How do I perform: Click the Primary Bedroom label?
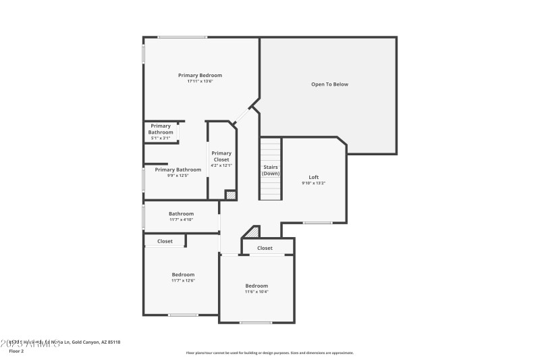[200, 75]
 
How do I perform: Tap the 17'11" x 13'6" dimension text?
[200, 81]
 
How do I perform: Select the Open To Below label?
[329, 84]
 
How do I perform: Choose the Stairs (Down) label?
[271, 170]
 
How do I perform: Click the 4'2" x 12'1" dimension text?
[221, 165]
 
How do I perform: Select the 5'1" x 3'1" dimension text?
[161, 138]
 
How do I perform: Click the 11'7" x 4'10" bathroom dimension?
[181, 220]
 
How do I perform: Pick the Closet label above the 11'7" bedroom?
[165, 241]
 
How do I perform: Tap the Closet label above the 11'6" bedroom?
[265, 248]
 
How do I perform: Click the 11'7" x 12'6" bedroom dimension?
[183, 280]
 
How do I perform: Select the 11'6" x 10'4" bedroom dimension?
[256, 292]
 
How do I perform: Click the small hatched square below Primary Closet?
[231, 195]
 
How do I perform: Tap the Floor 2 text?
[16, 351]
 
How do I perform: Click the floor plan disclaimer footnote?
[269, 353]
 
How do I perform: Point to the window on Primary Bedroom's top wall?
[182, 37]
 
